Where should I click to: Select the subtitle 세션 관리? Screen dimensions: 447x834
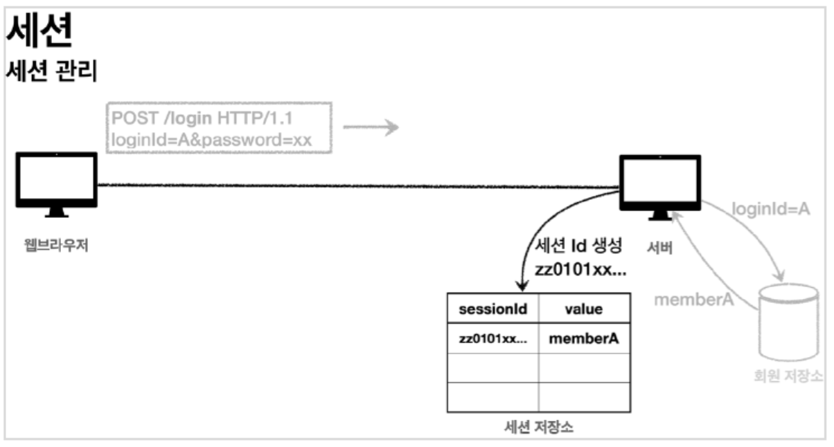click(x=55, y=72)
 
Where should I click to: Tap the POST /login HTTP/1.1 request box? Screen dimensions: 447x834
click(x=218, y=128)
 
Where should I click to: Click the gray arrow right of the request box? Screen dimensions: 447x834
click(x=371, y=127)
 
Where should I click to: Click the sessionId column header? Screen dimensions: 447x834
click(x=493, y=310)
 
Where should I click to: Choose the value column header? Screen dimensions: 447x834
click(x=584, y=310)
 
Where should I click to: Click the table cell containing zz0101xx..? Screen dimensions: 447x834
click(x=493, y=339)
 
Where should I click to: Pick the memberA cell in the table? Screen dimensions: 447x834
click(x=584, y=339)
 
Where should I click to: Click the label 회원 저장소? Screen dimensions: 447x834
click(x=788, y=377)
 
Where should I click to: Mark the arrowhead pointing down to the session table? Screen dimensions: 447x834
click(x=521, y=286)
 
